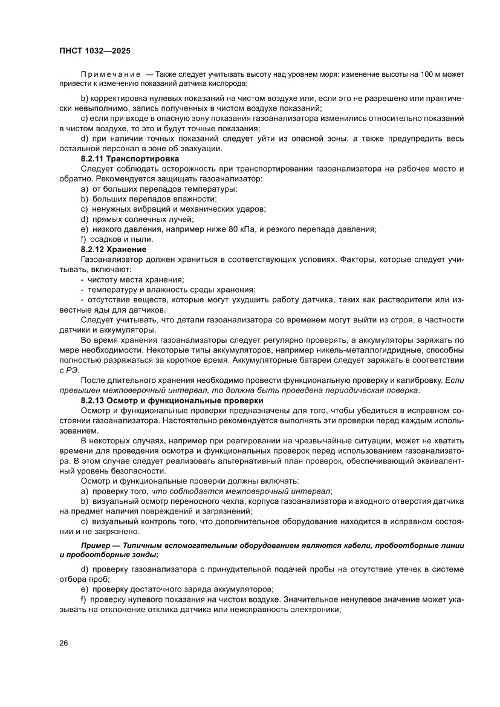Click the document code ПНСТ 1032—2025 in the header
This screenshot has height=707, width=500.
pyautogui.click(x=96, y=51)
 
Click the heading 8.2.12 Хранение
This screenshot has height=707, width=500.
pyautogui.click(x=113, y=249)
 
